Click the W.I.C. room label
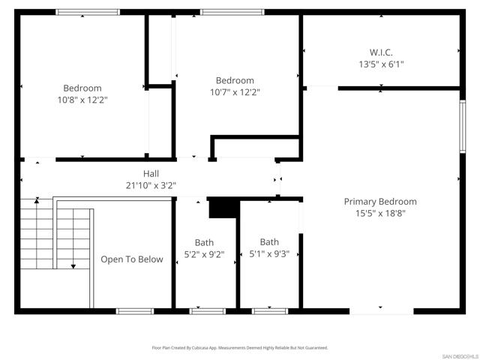point(381,52)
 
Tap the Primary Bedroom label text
point(380,202)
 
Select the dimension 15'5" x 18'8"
point(380,213)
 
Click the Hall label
point(151,174)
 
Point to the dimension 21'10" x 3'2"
point(151,185)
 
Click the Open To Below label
point(132,259)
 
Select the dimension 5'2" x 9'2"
point(204,253)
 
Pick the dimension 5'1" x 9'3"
point(269,253)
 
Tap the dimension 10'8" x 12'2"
point(82,100)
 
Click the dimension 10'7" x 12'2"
point(235,92)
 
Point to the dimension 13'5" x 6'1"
point(381,64)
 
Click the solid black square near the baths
point(222,208)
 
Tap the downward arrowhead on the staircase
point(73,265)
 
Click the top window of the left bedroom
point(88,12)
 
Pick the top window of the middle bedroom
point(232,12)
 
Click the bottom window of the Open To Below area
point(135,310)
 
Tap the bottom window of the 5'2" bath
point(206,310)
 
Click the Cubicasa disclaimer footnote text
point(240,348)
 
